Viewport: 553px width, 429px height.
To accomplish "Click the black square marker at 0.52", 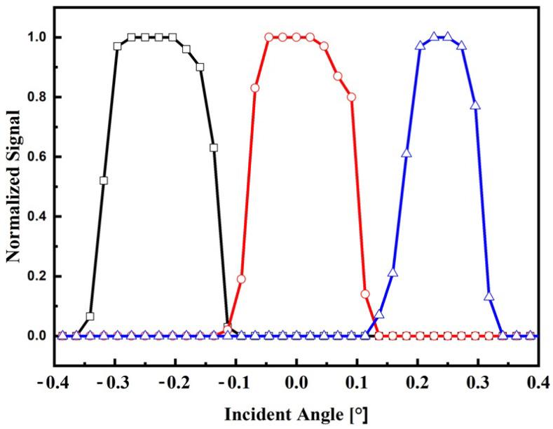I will [104, 180].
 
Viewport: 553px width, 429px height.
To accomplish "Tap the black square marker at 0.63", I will [214, 147].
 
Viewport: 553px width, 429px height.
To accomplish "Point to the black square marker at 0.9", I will [200, 67].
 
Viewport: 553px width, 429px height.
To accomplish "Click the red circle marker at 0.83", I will [255, 88].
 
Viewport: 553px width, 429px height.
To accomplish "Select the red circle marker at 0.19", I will [241, 279].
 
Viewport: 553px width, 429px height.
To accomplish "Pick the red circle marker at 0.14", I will [365, 294].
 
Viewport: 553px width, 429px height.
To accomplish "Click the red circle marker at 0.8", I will [352, 97].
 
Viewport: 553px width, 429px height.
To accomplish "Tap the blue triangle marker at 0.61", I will [407, 153].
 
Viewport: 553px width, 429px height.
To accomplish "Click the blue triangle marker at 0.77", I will [475, 105].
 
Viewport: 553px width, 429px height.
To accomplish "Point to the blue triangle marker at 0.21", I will [392, 272].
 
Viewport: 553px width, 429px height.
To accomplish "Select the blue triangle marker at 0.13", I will [489, 296].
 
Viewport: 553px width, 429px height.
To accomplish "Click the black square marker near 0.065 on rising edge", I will [90, 316].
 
